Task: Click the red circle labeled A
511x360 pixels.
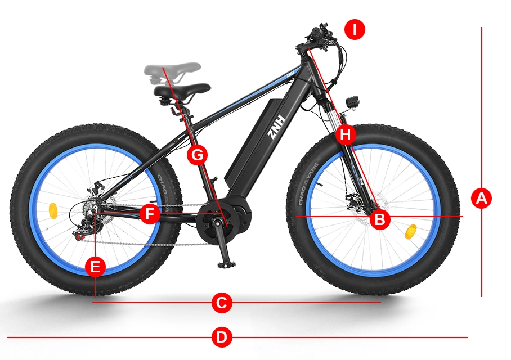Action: click(x=481, y=198)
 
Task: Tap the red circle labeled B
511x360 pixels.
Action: click(x=380, y=219)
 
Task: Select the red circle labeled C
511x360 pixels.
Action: click(x=222, y=303)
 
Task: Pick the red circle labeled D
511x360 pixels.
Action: click(x=222, y=337)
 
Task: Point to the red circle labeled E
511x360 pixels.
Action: click(x=95, y=265)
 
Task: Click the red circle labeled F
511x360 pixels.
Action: click(x=149, y=214)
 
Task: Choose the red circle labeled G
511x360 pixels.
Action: click(x=197, y=155)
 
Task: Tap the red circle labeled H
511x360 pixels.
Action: click(x=346, y=135)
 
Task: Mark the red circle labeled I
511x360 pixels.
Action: click(x=355, y=29)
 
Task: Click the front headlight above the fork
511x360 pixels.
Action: click(x=353, y=101)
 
